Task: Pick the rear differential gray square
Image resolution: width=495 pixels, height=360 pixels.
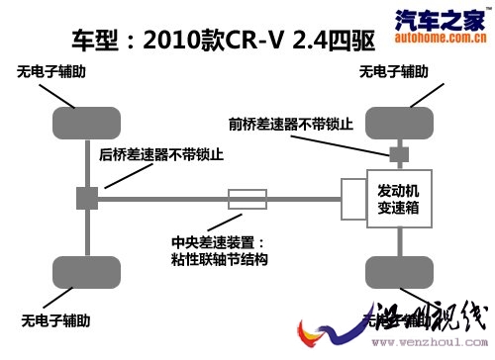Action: coord(86,198)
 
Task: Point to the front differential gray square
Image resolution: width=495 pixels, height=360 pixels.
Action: coord(398,154)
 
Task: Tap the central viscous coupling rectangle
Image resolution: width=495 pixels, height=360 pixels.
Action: coord(247,198)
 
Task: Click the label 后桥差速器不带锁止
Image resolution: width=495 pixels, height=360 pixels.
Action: coord(161,154)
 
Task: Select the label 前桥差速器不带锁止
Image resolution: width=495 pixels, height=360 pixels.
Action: coord(291,124)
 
